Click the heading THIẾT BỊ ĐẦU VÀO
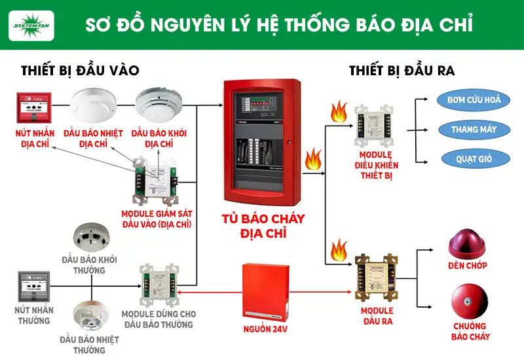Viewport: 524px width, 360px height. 80,71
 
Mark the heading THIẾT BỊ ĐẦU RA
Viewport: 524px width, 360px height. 402,71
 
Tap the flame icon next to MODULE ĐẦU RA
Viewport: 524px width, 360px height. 339,249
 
